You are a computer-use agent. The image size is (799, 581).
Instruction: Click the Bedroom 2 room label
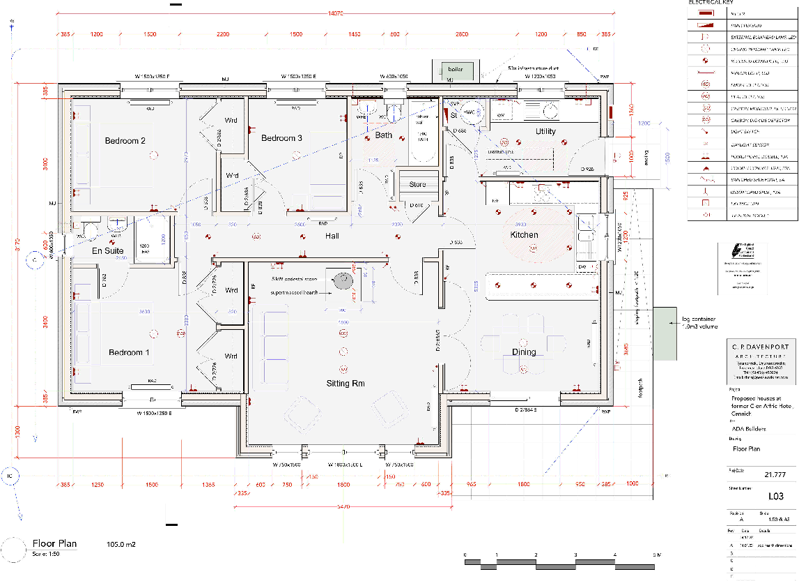[x=125, y=141]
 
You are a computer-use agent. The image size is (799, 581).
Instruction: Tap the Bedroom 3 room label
[x=281, y=138]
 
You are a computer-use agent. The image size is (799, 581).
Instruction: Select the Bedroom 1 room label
[x=129, y=353]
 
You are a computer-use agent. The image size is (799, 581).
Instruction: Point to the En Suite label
[x=108, y=250]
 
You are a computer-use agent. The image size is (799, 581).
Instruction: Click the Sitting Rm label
[x=346, y=384]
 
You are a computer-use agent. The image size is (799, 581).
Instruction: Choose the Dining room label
[x=524, y=352]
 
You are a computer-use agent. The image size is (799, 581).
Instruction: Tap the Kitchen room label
[x=524, y=235]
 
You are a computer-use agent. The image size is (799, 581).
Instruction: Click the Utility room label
[x=545, y=132]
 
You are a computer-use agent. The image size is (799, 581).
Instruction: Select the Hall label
[x=332, y=236]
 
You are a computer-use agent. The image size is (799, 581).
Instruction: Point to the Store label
[x=417, y=185]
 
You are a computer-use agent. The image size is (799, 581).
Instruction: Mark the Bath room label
[x=384, y=135]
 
